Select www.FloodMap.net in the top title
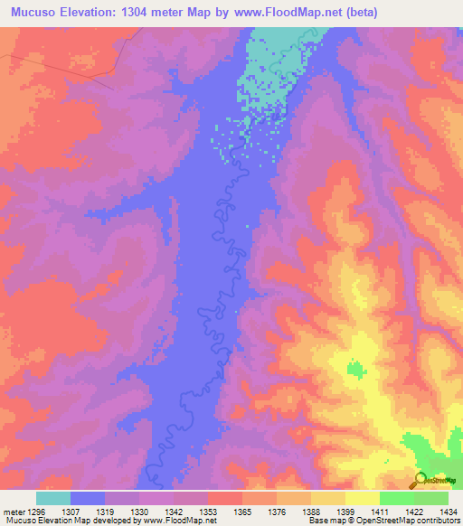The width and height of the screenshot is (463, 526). pyautogui.click(x=280, y=13)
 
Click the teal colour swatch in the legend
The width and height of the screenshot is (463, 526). pyautogui.click(x=52, y=498)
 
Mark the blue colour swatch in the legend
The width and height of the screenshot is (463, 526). pyautogui.click(x=87, y=498)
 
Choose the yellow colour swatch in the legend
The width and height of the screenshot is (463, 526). pyautogui.click(x=362, y=498)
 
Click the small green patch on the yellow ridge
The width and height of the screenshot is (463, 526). pyautogui.click(x=355, y=368)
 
